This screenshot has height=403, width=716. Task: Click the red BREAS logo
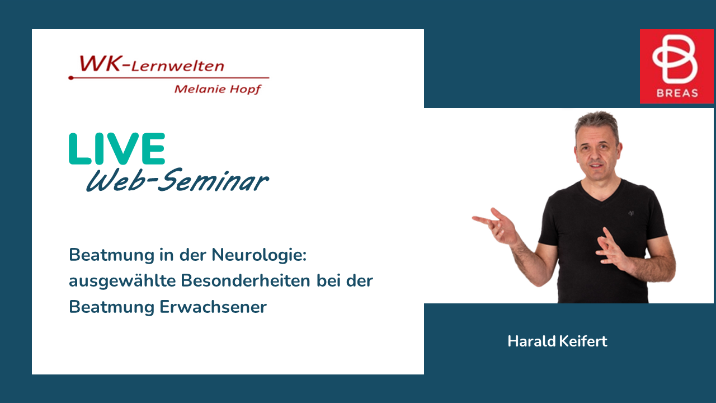pos(676,66)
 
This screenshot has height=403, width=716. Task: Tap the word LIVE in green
pos(117,148)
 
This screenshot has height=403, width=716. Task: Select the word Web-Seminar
pos(177,180)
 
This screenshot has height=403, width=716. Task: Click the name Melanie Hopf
pos(218,89)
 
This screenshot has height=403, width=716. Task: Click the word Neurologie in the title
pos(259,255)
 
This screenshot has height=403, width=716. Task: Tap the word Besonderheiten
pos(246,280)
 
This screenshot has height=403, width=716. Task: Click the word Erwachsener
pos(213,307)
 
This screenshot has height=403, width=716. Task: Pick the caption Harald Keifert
pos(557,341)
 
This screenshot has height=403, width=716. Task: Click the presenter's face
pos(596,154)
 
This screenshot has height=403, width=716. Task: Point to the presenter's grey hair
pos(597,124)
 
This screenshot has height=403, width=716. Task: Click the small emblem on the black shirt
pos(631,213)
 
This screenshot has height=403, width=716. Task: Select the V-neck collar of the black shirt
pos(601,193)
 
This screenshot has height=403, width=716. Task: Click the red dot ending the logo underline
pos(71,78)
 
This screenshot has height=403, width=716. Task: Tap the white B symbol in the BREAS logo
pos(675,59)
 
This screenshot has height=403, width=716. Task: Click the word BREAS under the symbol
pos(677,93)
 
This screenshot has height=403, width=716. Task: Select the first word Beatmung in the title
pos(112,255)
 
